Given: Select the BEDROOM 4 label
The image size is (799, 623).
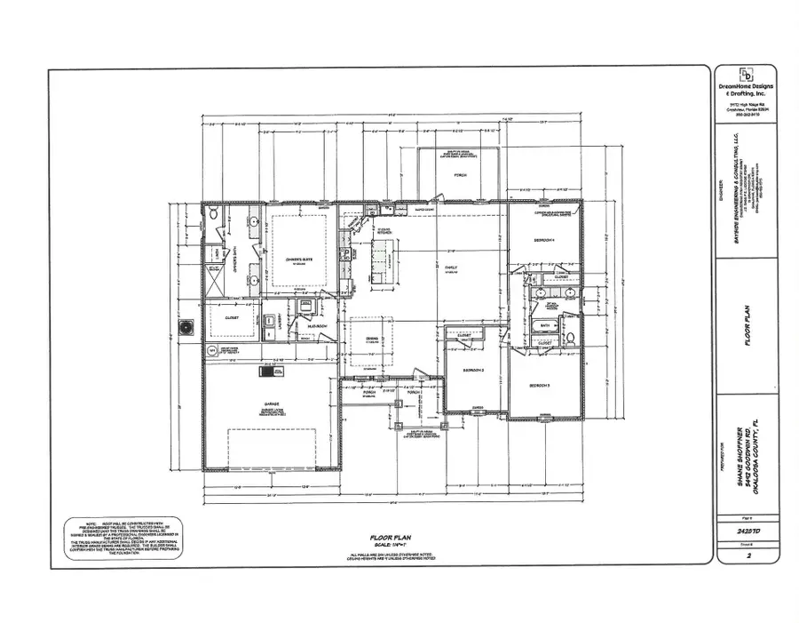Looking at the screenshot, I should (x=543, y=241).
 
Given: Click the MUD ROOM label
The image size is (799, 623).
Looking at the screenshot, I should (x=317, y=325).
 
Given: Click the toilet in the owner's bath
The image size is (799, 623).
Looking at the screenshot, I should (x=214, y=216).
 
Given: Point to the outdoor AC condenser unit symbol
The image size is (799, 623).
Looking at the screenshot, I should (x=186, y=329).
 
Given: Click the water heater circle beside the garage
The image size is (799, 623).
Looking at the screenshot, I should (x=211, y=350).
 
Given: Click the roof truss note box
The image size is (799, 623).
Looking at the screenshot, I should (x=123, y=535).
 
